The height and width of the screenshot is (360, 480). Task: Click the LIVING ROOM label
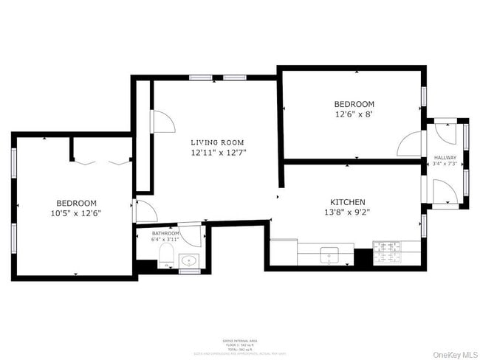pos(217,142)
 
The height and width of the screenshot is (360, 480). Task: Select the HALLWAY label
pos(445,158)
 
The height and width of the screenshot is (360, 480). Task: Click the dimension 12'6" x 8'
pos(354,114)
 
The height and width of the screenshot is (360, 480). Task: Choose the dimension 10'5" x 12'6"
pos(77,213)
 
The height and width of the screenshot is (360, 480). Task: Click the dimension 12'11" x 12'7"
pos(217,153)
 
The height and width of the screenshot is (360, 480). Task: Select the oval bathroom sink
pos(189,260)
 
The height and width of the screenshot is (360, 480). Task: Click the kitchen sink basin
pos(330,255)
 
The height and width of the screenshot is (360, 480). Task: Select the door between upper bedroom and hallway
pos(410,145)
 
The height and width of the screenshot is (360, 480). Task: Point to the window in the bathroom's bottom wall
pos(189,271)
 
